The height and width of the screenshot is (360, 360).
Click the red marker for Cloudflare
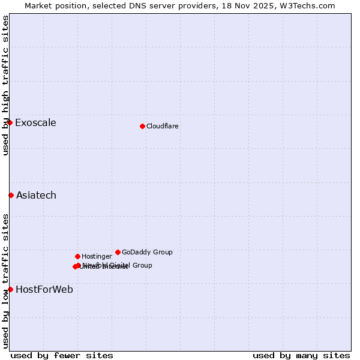(142, 126)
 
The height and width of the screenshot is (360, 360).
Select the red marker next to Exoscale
(10, 122)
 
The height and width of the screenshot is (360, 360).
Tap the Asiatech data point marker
(11, 195)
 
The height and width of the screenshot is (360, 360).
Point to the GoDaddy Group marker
(118, 252)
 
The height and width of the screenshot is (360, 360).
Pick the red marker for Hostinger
(77, 256)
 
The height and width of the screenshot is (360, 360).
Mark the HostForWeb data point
(10, 289)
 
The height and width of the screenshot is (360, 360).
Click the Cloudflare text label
(162, 126)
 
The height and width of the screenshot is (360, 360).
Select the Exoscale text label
(35, 123)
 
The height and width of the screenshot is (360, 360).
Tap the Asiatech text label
(36, 196)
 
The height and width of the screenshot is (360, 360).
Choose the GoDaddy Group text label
(147, 252)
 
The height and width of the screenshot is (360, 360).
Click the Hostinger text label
(97, 256)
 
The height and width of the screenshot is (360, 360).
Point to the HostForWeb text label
(44, 290)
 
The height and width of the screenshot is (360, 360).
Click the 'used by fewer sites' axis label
(62, 355)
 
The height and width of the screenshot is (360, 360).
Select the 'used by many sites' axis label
(301, 355)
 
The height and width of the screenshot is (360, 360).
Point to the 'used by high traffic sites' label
(5, 85)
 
